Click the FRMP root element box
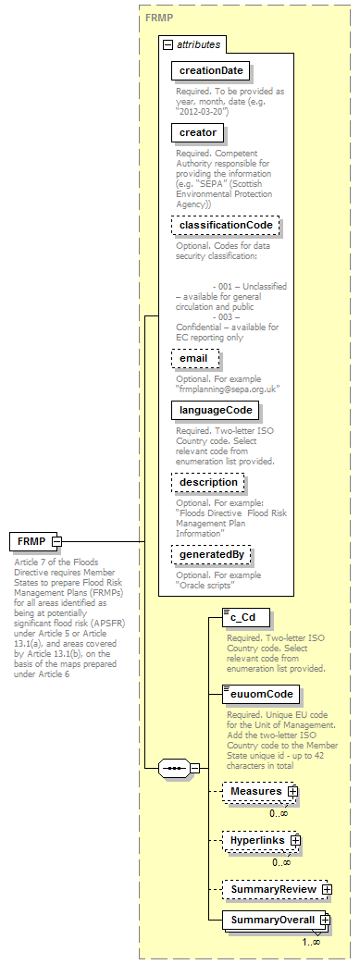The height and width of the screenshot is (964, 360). [31, 540]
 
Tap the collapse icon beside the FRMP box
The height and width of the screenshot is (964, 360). [56, 540]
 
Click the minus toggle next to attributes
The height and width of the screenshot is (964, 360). [168, 44]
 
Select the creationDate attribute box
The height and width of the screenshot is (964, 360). [211, 70]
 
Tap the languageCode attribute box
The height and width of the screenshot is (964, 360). [215, 410]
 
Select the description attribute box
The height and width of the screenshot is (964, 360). [208, 482]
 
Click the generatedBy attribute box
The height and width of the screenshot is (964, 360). [212, 553]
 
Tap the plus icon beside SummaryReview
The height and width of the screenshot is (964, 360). [327, 889]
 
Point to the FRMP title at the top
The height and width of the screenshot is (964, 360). [156, 18]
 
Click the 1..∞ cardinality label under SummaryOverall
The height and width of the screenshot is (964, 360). [311, 942]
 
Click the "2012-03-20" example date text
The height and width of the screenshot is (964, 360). [205, 111]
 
